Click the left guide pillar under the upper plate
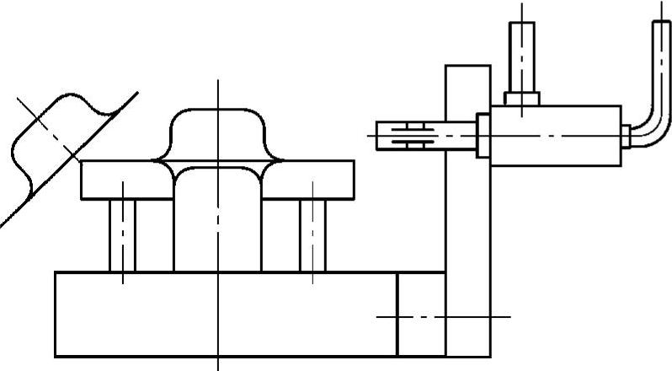pyautogui.click(x=122, y=235)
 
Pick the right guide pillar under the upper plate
pyautogui.click(x=312, y=235)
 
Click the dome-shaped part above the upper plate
pyautogui.click(x=217, y=135)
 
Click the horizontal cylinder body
pyautogui.click(x=556, y=135)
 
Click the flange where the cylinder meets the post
pyautogui.click(x=483, y=136)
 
